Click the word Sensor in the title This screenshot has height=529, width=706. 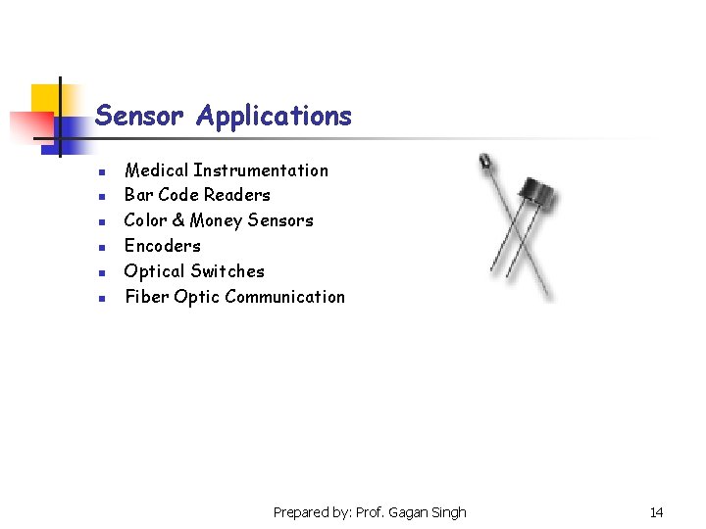tap(139, 117)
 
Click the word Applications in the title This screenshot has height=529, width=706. tap(274, 117)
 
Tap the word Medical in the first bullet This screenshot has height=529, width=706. tap(156, 170)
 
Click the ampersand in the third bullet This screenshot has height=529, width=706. tap(178, 220)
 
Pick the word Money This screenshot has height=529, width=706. tap(217, 220)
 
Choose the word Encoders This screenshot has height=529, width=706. tap(162, 246)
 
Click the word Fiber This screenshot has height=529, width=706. tap(146, 297)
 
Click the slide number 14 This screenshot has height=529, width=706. tap(656, 512)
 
